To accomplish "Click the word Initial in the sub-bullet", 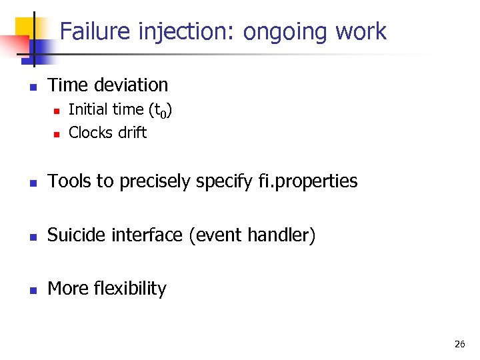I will pos(87,109).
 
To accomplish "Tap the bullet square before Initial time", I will pos(57,111).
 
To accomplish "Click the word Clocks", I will pos(90,133).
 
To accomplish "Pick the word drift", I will pos(131,133).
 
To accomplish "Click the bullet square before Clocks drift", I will pos(57,134).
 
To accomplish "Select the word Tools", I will pos(69,181).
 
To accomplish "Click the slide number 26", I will pos(459,344).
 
